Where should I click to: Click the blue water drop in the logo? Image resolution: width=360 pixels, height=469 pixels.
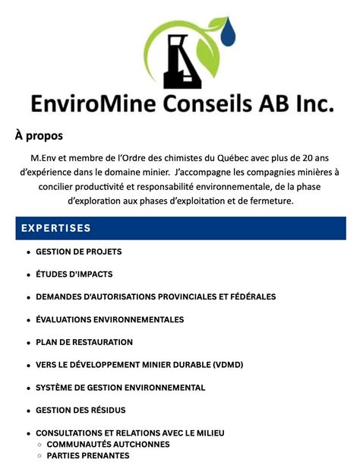[228, 33]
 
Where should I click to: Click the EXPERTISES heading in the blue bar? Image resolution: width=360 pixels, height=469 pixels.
[56, 228]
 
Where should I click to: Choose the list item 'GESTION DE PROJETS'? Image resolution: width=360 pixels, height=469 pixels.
[78, 252]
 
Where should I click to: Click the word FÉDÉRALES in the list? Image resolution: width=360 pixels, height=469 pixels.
[244, 297]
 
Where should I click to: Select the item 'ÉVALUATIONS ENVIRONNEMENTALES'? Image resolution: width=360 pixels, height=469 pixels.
[109, 320]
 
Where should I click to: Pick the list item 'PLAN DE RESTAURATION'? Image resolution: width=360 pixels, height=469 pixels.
[84, 343]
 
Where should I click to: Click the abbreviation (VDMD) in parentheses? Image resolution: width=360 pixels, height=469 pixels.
[228, 365]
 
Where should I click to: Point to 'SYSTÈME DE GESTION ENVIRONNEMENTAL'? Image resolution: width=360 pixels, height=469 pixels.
[120, 388]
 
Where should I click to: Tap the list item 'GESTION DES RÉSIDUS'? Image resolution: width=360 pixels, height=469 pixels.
[81, 410]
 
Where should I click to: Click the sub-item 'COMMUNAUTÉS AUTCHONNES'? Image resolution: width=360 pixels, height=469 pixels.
[108, 444]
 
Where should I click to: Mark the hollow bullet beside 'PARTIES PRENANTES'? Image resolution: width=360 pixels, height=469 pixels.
[39, 455]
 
